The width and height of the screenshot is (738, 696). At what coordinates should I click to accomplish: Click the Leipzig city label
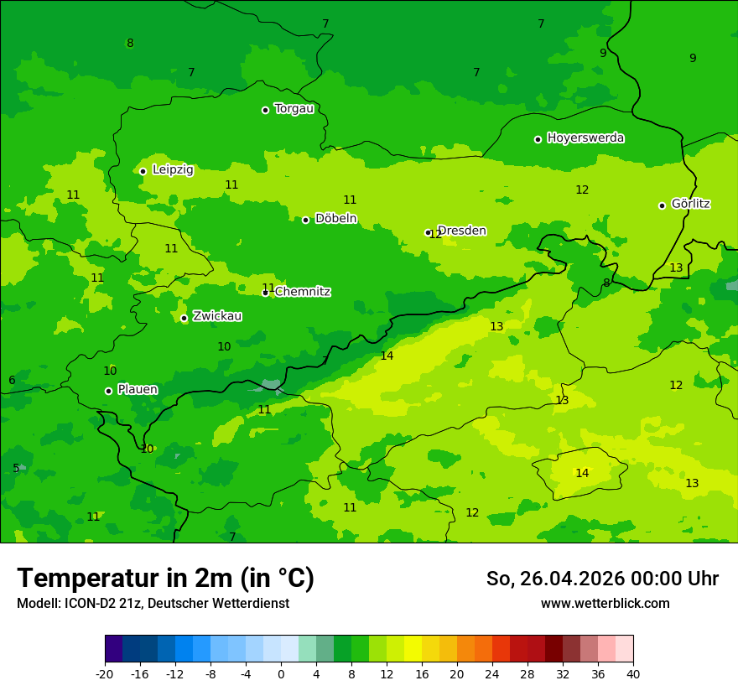click(173, 169)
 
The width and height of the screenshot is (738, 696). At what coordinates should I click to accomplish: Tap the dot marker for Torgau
click(265, 110)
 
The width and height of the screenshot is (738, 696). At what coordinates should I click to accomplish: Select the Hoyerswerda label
click(585, 138)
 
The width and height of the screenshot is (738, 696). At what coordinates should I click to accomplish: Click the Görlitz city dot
click(662, 205)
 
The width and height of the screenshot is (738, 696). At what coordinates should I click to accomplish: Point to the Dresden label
click(462, 231)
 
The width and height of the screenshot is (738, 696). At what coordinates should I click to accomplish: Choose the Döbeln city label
click(335, 218)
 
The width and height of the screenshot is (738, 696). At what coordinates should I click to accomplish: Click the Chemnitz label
click(303, 292)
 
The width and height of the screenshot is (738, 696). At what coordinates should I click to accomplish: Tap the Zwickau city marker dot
click(184, 318)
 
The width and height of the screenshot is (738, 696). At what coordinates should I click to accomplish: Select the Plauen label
click(138, 389)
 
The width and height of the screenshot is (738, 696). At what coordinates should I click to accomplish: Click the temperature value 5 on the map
click(16, 468)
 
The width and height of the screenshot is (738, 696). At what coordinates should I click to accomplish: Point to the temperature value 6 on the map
click(12, 380)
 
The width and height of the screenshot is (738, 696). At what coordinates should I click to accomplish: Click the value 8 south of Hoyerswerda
click(606, 283)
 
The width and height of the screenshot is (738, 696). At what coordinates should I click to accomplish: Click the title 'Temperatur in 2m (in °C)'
click(165, 579)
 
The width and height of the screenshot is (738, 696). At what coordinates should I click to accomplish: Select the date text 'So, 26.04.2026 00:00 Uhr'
click(602, 579)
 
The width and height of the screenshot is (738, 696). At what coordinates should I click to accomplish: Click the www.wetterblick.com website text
click(605, 604)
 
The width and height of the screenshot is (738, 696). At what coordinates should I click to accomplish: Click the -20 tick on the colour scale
click(105, 674)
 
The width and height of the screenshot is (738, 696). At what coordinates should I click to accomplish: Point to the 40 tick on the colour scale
click(632, 674)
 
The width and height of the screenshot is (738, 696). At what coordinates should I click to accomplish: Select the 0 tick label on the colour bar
click(281, 674)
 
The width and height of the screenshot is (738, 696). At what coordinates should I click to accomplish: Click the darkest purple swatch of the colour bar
click(113, 649)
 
